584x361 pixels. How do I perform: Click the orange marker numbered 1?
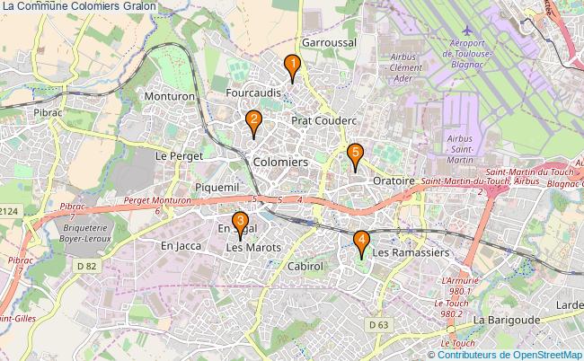click(x=292, y=65)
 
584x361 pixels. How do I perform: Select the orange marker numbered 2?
click(x=254, y=120)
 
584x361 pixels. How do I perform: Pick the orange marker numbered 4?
click(x=361, y=241)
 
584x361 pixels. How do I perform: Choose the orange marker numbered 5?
click(x=356, y=154)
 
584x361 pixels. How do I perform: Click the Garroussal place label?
click(x=330, y=42)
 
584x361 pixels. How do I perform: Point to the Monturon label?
click(x=169, y=95)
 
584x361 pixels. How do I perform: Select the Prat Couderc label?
click(x=324, y=119)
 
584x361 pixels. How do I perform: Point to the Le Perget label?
click(x=180, y=155)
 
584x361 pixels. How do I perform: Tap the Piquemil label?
click(x=217, y=186)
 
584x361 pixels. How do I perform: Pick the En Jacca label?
click(x=181, y=245)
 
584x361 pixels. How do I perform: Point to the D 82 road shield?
click(x=87, y=267)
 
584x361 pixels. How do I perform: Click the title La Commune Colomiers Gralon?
click(x=79, y=6)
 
